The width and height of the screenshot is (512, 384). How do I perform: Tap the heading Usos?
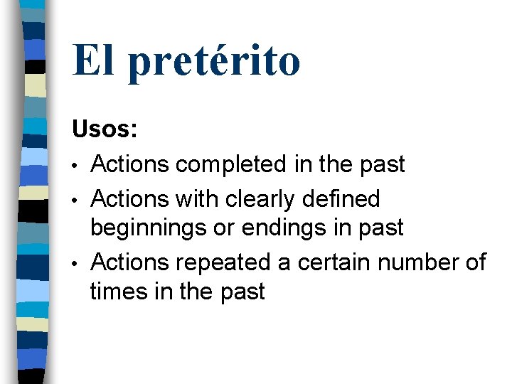pos(105,131)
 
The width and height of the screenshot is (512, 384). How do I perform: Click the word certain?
pos(334,262)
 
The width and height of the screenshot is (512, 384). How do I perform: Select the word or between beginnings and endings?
pos(230,228)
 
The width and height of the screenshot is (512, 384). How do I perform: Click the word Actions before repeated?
pos(131,262)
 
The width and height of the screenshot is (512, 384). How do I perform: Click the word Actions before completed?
pos(131,165)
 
